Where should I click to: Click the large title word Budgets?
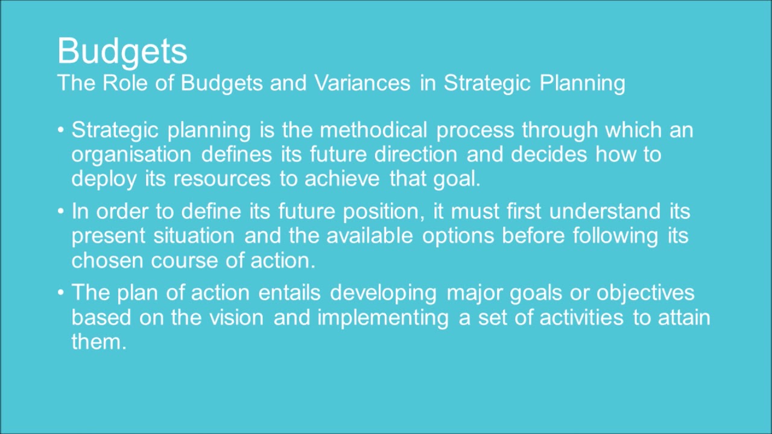point(122,52)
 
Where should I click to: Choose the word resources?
point(224,179)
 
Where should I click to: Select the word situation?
point(194,236)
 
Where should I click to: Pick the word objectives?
point(645,293)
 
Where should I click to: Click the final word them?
point(98,342)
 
